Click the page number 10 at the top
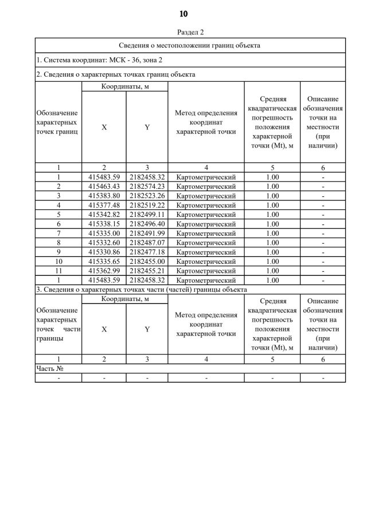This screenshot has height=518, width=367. click(183, 13)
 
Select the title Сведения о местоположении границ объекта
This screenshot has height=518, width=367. click(190, 45)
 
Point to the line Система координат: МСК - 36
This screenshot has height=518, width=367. click(100, 60)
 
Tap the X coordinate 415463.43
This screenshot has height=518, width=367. click(104, 186)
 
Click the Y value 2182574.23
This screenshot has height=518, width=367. click(147, 186)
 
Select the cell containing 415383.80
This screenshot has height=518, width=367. click(104, 196)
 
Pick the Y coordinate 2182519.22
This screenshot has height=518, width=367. click(147, 205)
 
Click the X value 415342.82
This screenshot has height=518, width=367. click(104, 214)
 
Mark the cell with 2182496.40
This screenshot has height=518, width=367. click(147, 224)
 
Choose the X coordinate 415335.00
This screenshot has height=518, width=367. click(104, 233)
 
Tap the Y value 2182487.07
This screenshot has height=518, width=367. click(147, 243)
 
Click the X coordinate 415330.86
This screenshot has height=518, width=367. click(104, 252)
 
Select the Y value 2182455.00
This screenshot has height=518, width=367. click(147, 262)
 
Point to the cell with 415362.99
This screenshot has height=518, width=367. click(104, 271)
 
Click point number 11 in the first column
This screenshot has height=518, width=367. click(58, 271)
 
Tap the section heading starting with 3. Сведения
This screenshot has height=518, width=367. click(141, 290)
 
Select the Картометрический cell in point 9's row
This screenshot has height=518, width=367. click(206, 252)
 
